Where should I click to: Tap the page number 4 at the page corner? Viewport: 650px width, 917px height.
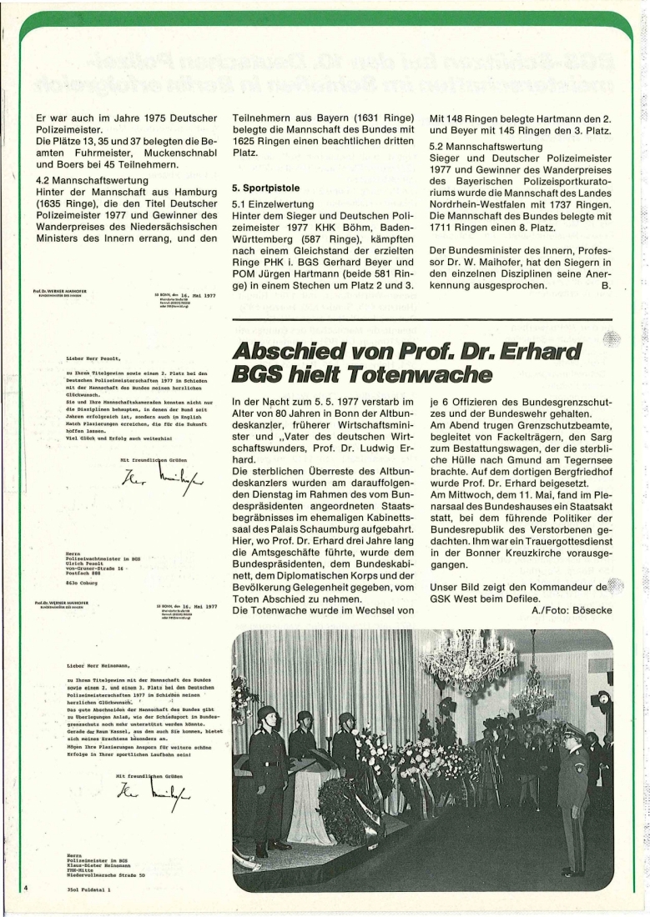(x=25, y=889)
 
